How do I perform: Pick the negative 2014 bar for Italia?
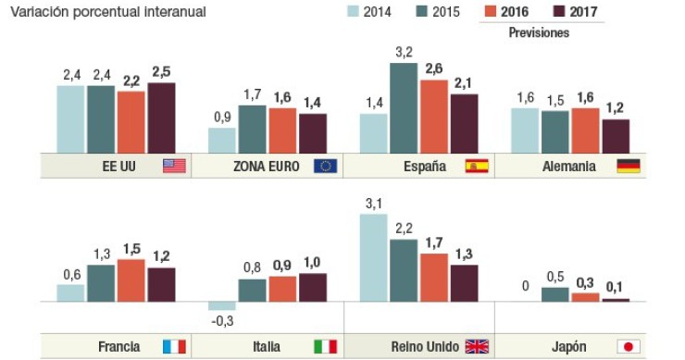tap(222, 306)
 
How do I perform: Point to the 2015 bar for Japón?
tap(554, 294)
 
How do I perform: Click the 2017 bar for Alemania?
tap(616, 136)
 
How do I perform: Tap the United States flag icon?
tap(174, 167)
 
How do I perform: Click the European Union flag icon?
tap(326, 167)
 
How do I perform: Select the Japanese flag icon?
tap(629, 347)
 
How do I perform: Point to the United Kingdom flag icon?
tap(477, 347)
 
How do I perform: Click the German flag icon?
tap(629, 167)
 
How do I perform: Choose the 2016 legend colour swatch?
tap(492, 13)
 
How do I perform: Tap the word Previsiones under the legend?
tap(539, 33)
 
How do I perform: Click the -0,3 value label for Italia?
tap(221, 320)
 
